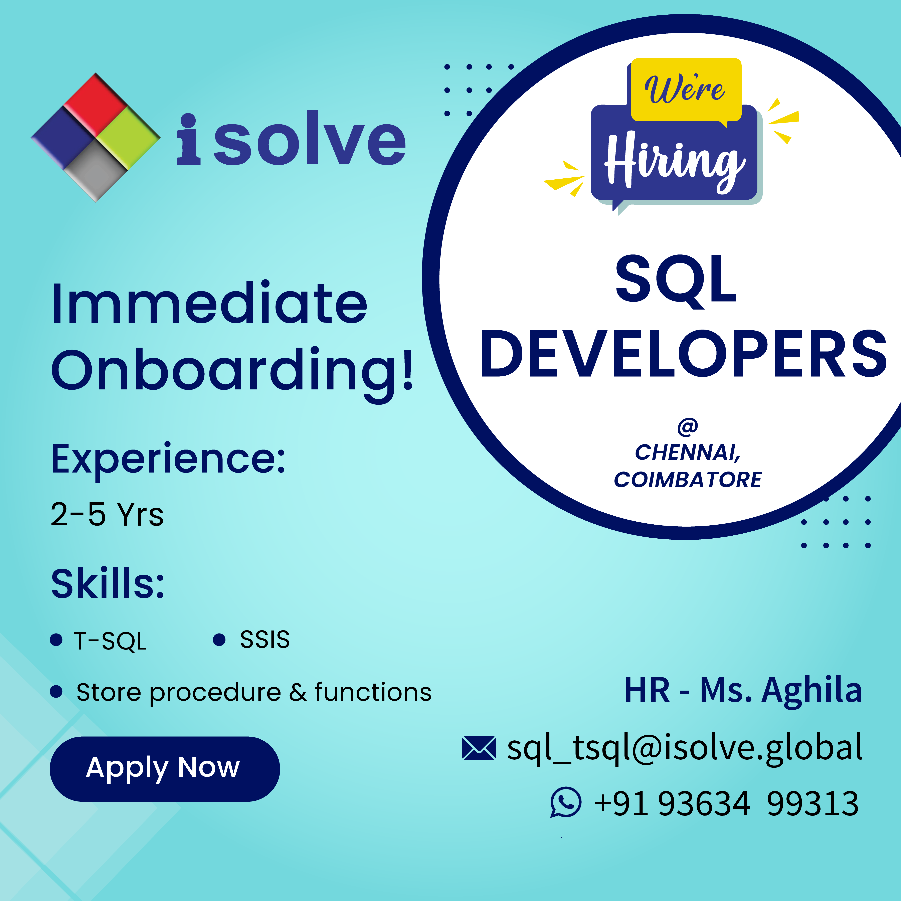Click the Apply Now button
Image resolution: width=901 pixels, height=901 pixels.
(x=165, y=769)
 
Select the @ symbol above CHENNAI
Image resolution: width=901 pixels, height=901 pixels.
(x=687, y=427)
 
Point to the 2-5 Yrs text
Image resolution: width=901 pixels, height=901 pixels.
(x=107, y=514)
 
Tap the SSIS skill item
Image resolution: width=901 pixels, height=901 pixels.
(x=264, y=639)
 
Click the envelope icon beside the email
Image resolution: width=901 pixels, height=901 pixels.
(x=479, y=748)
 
